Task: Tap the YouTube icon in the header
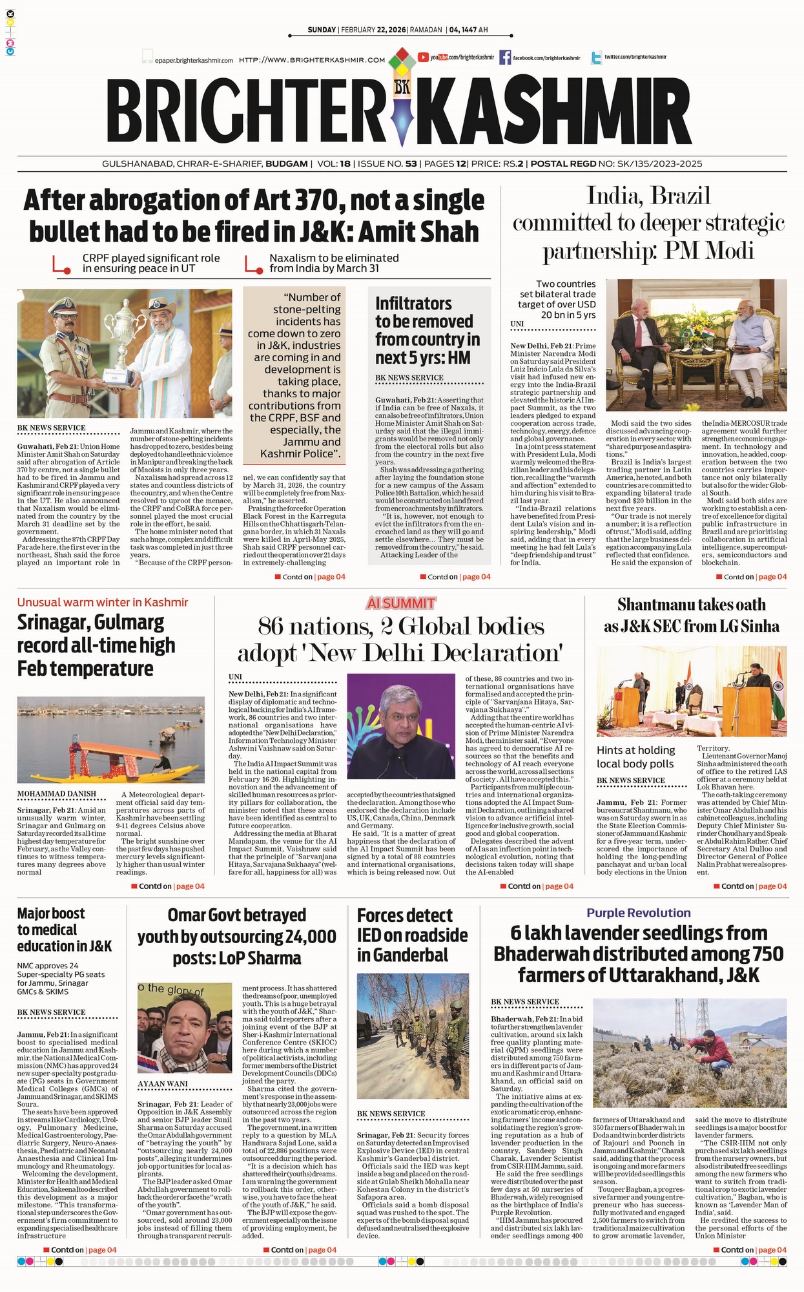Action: click(424, 57)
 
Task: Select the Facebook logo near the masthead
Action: click(505, 57)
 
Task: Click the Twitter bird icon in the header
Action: click(597, 57)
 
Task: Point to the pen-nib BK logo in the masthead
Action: click(402, 97)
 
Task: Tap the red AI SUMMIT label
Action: click(400, 603)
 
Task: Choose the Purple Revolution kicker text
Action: click(638, 913)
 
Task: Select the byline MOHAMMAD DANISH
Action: click(57, 794)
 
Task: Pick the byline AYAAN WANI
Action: click(163, 1084)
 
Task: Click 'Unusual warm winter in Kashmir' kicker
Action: click(103, 602)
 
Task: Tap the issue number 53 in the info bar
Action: click(411, 164)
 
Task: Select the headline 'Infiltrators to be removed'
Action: click(428, 330)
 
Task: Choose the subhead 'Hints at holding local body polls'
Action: click(635, 756)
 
